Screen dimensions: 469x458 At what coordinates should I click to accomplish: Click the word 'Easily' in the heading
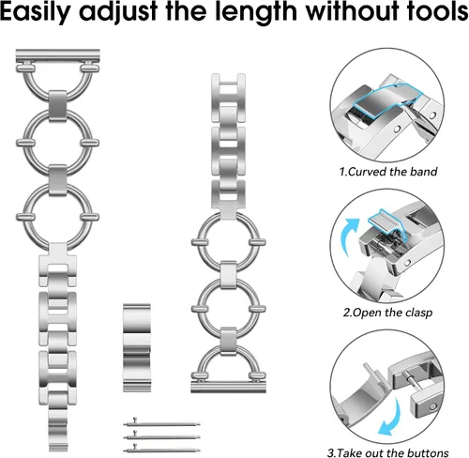(36, 12)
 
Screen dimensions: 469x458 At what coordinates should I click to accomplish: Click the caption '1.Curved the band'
(388, 172)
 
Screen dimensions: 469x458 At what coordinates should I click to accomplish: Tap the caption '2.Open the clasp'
(387, 313)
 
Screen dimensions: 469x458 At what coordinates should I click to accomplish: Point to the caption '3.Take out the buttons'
(388, 452)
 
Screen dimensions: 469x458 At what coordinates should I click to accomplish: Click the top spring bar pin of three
(162, 424)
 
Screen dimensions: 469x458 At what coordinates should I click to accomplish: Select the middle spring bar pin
(162, 436)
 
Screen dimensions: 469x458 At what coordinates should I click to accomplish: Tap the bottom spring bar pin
(162, 450)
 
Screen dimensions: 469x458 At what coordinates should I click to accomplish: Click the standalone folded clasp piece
(137, 347)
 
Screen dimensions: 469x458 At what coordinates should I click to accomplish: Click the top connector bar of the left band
(58, 55)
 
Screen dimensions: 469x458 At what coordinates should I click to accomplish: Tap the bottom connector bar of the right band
(228, 387)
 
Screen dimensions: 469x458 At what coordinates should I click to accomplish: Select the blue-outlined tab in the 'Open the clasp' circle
(386, 221)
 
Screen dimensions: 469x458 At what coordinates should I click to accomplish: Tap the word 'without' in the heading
(351, 11)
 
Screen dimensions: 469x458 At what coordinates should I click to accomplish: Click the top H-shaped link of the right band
(228, 98)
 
